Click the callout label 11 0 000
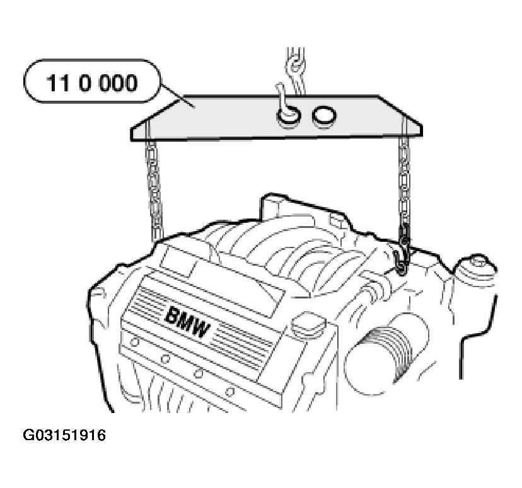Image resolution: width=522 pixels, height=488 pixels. [x=92, y=82]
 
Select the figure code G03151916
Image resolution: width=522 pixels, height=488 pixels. [x=64, y=435]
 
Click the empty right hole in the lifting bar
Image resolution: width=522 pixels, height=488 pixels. [x=324, y=115]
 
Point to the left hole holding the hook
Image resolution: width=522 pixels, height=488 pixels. [x=288, y=117]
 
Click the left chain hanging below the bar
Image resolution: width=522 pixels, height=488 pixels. [x=154, y=190]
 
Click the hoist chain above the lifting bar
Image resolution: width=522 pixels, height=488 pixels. [x=295, y=71]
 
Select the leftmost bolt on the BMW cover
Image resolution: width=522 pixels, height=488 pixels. [x=134, y=342]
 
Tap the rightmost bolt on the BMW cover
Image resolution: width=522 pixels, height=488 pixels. [x=229, y=392]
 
